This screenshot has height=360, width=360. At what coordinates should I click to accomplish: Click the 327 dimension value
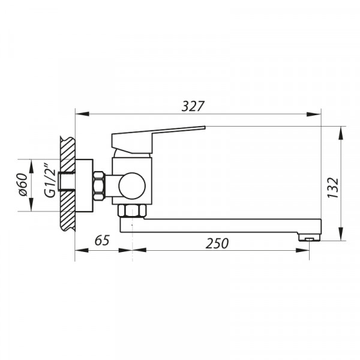point(193,106)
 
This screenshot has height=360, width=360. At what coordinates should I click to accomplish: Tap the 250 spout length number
point(217,243)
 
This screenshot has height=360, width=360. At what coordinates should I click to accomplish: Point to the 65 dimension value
point(103,241)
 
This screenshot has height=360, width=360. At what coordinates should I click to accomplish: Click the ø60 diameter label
point(22,185)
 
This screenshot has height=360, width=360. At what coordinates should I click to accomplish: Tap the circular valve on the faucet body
point(131,185)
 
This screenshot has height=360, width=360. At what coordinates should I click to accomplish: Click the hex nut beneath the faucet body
point(131,211)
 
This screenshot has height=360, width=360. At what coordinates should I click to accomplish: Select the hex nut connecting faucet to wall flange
point(99,185)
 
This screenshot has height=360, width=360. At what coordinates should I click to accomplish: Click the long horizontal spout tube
point(222,226)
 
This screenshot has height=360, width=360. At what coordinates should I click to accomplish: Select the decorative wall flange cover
point(84,185)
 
